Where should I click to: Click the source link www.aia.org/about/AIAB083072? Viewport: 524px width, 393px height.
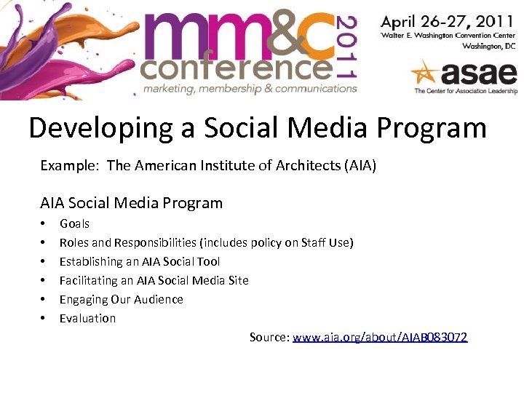point(380,337)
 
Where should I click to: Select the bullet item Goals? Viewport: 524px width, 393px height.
point(74,223)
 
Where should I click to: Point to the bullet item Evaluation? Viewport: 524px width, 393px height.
point(87,318)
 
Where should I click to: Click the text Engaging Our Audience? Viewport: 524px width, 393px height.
point(121,299)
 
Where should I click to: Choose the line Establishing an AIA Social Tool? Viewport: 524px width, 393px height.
point(139,261)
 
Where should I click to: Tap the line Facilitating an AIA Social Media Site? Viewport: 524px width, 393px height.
point(154,280)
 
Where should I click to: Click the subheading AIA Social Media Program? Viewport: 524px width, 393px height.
point(131,203)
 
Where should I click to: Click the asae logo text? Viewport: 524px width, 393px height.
point(477,74)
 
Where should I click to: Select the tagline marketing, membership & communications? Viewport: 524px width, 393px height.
point(249,89)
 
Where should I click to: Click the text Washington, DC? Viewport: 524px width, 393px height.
point(489,45)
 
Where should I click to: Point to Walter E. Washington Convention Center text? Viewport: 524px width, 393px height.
point(448,34)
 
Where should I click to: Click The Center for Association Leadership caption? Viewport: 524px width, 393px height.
point(464,92)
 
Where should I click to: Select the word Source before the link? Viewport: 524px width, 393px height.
point(269,337)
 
